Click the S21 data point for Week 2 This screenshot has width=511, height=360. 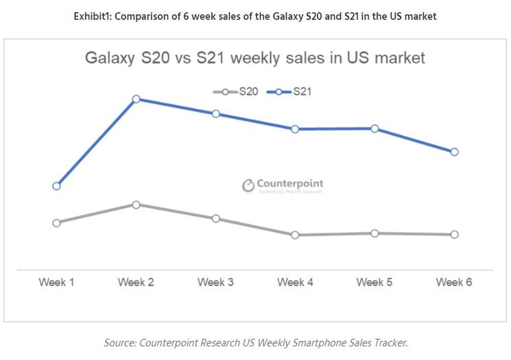coord(136,99)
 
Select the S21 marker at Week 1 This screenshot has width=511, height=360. coord(57,186)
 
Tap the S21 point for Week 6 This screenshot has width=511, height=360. coord(454,152)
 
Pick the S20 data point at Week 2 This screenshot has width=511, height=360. coord(136,205)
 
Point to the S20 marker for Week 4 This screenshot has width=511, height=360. coord(295,235)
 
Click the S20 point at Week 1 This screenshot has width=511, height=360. coord(57,223)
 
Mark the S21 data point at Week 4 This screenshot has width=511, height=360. coord(295,129)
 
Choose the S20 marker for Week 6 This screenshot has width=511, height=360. coord(454,234)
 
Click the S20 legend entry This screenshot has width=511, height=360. coord(236,92)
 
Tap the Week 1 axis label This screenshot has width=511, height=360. coord(57,282)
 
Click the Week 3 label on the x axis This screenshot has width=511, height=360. coord(216,282)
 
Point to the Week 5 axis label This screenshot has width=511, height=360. coord(375,282)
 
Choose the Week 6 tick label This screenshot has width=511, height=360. coord(454,282)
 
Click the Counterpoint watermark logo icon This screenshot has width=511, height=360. coord(248,186)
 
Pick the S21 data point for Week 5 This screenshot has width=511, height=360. coord(375,129)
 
